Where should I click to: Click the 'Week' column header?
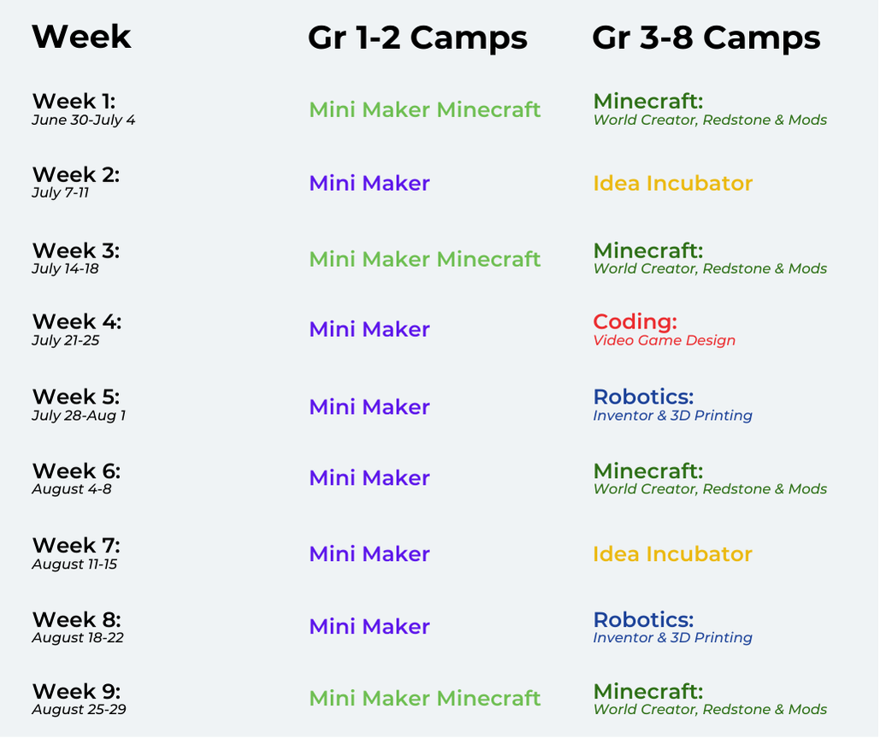(x=81, y=37)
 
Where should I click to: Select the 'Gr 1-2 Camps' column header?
(x=417, y=38)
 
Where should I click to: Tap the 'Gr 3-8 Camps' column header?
(x=706, y=38)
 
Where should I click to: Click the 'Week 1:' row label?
(x=74, y=101)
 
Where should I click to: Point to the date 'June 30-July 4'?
(x=84, y=120)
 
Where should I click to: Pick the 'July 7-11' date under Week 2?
(x=61, y=192)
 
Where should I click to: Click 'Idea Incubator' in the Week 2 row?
(x=673, y=183)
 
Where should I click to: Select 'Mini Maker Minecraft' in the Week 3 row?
(x=425, y=259)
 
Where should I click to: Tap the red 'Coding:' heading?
(x=635, y=322)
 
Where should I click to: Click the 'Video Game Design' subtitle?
(x=664, y=340)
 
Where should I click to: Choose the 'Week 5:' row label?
(x=76, y=397)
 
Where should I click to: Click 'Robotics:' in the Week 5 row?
(x=644, y=397)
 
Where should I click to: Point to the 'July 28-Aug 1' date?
(x=79, y=416)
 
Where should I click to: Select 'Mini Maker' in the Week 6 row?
(x=369, y=478)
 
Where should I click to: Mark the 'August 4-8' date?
(x=72, y=489)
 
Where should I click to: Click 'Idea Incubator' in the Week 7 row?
(x=673, y=554)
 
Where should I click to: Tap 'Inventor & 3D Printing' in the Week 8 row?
(x=673, y=637)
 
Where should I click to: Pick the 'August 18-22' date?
(x=78, y=637)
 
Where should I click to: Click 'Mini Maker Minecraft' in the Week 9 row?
(x=425, y=699)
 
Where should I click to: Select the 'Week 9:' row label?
(x=77, y=691)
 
